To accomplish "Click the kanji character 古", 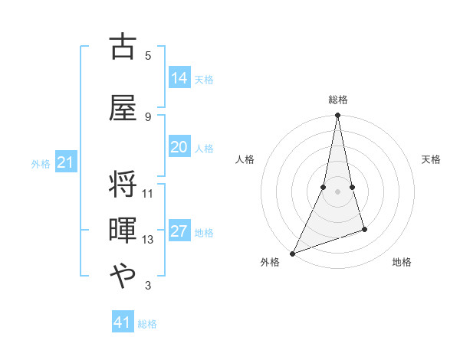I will click(123, 47).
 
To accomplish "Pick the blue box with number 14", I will click(179, 78).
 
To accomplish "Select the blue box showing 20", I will click(179, 147).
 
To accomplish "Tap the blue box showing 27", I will click(179, 231).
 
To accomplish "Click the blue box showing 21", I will click(65, 162).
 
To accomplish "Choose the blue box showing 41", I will click(123, 322).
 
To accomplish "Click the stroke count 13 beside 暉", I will click(148, 240).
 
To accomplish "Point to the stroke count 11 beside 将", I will click(148, 193).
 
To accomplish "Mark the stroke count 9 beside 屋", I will click(148, 116).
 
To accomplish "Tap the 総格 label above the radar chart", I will click(338, 100).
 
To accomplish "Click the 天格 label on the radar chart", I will click(432, 159).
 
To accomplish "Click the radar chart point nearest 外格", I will click(292, 254).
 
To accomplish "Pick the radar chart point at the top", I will click(337, 116).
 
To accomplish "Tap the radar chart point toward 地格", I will click(364, 229).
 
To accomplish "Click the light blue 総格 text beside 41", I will click(147, 324).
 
